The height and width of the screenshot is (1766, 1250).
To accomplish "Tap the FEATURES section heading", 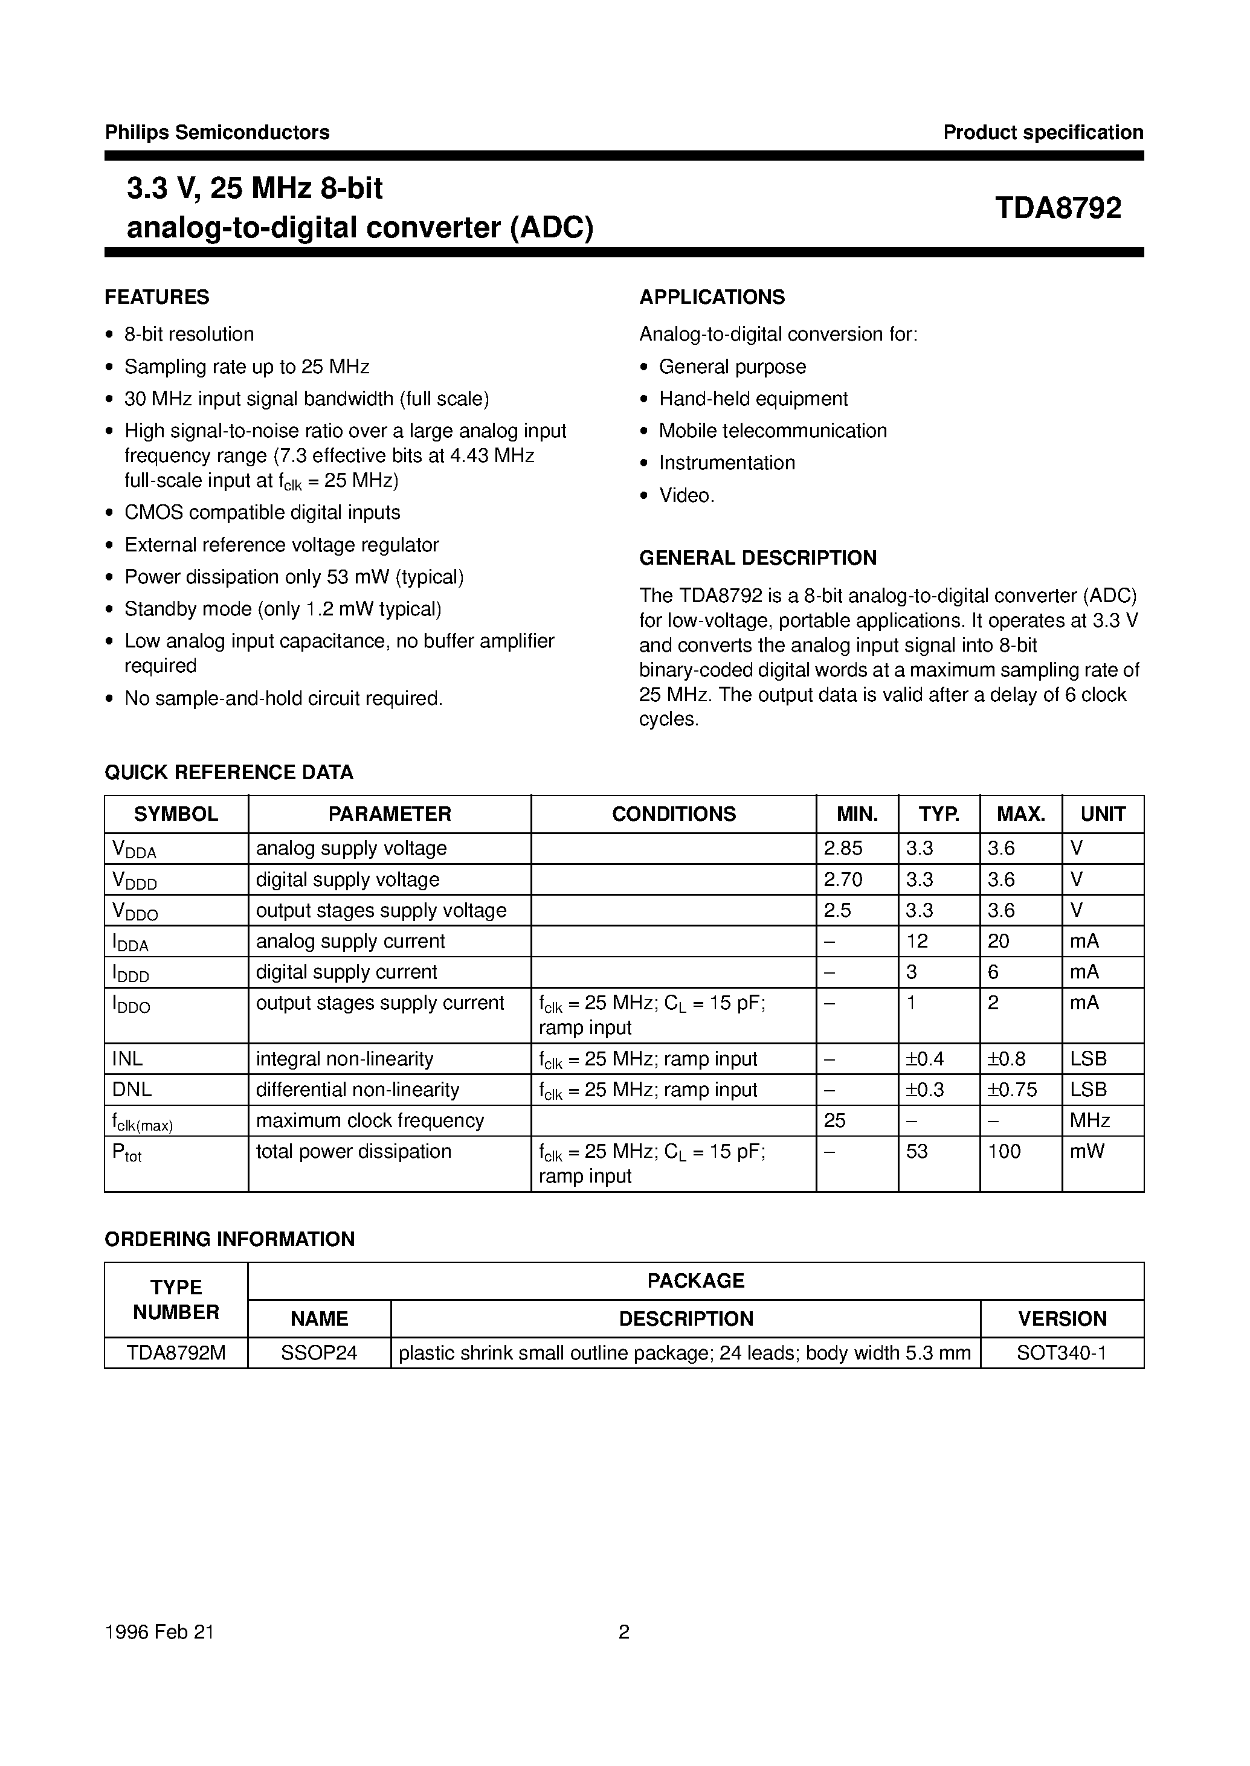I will [157, 297].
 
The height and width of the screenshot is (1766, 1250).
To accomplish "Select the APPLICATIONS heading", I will [712, 297].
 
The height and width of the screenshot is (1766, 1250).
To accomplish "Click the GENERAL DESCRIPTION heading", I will [758, 558].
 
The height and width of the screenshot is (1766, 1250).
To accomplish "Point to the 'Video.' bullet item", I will [686, 496].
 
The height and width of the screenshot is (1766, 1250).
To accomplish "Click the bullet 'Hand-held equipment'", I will [753, 399].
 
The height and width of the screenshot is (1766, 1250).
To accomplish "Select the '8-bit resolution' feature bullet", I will [189, 334].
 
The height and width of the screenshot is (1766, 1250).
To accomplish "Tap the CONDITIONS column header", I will [674, 814].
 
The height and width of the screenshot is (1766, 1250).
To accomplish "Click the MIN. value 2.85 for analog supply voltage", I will [843, 848].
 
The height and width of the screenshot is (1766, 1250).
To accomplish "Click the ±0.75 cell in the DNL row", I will [1011, 1090].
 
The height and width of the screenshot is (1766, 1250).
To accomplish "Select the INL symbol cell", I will [127, 1059].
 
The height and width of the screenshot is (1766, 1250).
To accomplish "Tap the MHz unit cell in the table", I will [1089, 1120].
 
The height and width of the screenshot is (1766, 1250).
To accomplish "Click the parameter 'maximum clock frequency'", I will [370, 1120].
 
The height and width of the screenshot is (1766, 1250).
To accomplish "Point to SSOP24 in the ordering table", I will [318, 1353].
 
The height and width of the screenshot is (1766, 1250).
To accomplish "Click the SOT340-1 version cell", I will [1062, 1353].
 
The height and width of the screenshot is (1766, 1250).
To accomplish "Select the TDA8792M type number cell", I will [176, 1353].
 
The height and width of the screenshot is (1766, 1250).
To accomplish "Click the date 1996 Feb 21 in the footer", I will [159, 1632].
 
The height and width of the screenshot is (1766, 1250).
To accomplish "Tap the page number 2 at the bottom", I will [624, 1632].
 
